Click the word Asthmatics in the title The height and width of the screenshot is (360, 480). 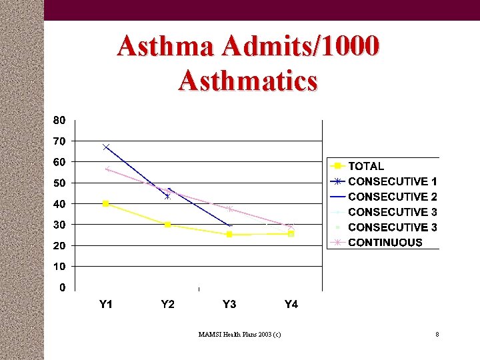point(248,81)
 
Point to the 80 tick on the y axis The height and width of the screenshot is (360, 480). point(59,121)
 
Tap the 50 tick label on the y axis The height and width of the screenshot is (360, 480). point(59,183)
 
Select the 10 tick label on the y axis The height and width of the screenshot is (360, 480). point(59,267)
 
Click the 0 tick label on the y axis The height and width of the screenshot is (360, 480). point(62,287)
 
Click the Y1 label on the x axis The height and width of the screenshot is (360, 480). point(106,305)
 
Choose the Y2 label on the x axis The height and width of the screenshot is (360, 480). point(167,305)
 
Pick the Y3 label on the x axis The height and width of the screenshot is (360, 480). point(229,305)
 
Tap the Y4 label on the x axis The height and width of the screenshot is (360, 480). point(291,305)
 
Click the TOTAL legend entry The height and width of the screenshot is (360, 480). point(366,166)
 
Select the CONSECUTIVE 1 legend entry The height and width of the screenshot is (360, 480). point(393,181)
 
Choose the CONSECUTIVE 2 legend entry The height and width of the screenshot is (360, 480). point(393,197)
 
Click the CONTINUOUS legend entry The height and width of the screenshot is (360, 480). point(385,243)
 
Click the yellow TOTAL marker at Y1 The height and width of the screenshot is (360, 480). point(106,203)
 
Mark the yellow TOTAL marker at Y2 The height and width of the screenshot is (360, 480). point(167,225)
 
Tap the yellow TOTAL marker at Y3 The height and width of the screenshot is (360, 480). point(229,235)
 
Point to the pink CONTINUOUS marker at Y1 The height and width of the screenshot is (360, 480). point(107,169)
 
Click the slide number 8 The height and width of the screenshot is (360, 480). point(437,334)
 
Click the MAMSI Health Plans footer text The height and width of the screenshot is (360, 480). point(239,334)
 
